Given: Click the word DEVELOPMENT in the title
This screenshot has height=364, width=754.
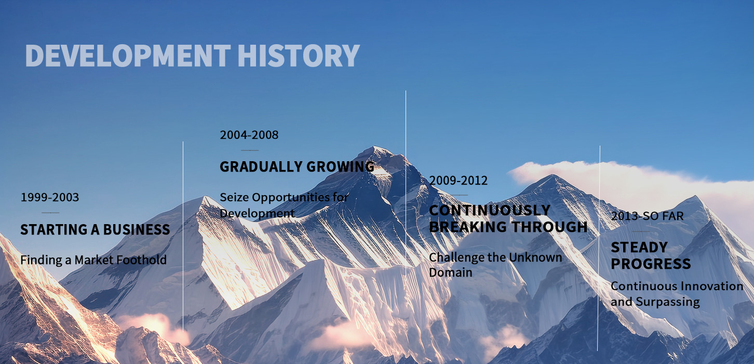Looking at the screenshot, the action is (x=128, y=55).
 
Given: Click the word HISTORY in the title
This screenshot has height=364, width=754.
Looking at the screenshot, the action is (x=299, y=55).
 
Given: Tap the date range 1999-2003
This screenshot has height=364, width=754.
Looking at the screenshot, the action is (x=50, y=197).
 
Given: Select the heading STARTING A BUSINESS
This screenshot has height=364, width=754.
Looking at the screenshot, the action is (x=95, y=229).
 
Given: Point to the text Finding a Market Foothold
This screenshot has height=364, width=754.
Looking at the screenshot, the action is (x=93, y=260).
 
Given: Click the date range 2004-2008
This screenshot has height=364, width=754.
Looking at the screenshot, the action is (x=249, y=135).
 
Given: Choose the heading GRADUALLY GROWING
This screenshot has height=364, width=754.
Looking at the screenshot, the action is (x=297, y=166).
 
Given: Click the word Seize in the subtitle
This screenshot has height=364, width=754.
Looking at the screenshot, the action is (x=234, y=197).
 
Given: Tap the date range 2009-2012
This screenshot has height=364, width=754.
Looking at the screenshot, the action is (x=458, y=180).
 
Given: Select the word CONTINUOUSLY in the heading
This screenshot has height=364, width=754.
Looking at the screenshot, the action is (x=490, y=210).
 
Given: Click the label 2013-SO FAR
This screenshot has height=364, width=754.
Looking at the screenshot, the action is (x=648, y=216).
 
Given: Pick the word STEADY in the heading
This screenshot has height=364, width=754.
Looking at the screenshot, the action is (x=639, y=248).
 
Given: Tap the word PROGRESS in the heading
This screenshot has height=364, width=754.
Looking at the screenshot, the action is (x=651, y=264).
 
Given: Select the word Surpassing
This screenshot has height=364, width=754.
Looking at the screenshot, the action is (x=668, y=302).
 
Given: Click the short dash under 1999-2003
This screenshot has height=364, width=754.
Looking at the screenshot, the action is (x=50, y=213).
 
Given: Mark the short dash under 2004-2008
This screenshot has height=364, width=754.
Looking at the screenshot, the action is (x=250, y=150).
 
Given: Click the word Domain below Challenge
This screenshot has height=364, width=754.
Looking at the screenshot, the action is (x=451, y=272).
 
